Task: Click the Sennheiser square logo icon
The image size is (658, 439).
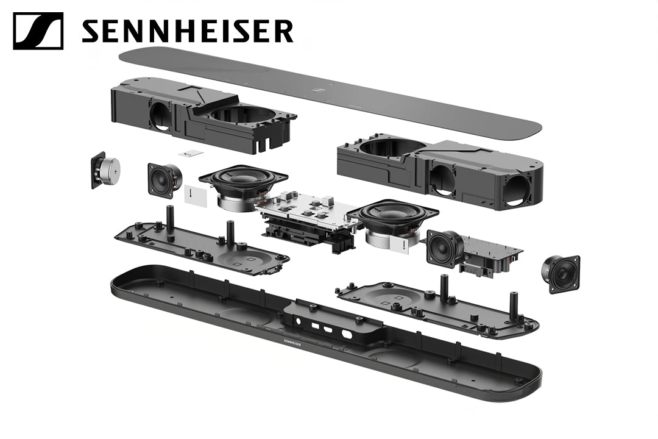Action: point(38,31)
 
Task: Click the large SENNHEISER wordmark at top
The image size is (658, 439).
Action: point(187,31)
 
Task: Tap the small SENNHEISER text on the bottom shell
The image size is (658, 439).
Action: point(292,343)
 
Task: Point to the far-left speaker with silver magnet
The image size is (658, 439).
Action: point(105,170)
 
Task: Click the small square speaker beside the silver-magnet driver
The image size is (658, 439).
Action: point(164,180)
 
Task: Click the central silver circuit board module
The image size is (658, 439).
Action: point(308,218)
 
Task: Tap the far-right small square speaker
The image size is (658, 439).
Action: point(561,274)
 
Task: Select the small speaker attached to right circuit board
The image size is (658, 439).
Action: point(444,249)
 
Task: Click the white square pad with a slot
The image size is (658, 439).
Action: point(196,195)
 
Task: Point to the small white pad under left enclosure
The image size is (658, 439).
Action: point(191,154)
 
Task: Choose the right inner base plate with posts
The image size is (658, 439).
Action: point(437,306)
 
